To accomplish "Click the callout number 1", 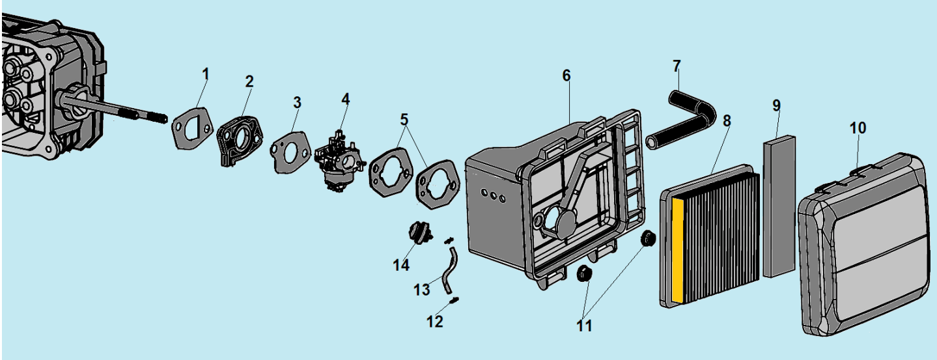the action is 205,74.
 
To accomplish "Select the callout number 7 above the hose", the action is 677,66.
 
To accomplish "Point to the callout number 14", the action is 400,265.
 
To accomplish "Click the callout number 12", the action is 434,322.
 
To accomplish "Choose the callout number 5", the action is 404,120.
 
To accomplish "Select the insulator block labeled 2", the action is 240,139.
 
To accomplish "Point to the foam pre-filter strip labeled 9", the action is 779,206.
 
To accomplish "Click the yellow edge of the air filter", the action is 678,250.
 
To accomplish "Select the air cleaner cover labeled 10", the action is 865,245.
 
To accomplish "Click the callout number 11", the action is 584,326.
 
